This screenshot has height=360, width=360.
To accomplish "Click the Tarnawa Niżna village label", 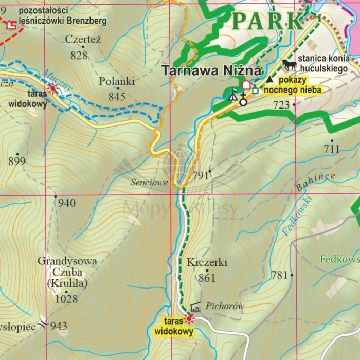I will click(212, 71).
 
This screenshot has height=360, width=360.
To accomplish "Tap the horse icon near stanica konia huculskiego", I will click(289, 65).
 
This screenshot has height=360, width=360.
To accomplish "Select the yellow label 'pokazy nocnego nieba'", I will click(293, 85).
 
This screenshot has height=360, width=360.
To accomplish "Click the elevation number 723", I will click(281, 105).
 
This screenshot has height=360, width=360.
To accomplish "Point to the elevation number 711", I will click(332, 149).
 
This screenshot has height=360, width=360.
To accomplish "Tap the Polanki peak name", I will click(117, 81).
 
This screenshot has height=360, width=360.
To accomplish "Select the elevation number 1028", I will click(66, 299).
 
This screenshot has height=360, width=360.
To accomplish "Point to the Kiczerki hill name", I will click(207, 262).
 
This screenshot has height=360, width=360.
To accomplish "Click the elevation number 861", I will click(207, 278).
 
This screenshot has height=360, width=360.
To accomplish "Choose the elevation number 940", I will click(66, 203).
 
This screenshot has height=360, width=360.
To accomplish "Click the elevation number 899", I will click(17, 161).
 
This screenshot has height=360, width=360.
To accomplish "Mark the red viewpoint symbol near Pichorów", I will click(189, 319).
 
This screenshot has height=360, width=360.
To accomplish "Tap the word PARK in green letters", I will click(268, 21).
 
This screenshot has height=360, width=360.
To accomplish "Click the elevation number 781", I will click(279, 275).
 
